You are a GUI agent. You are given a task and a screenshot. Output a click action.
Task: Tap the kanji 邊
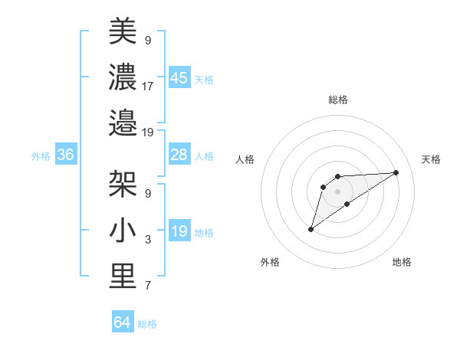click(x=122, y=123)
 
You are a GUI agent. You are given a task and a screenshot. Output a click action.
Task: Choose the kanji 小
click(x=122, y=229)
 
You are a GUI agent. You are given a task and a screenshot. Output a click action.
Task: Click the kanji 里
click(x=122, y=276)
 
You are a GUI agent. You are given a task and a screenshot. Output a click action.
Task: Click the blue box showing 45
click(x=179, y=78)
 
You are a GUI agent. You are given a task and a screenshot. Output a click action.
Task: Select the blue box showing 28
click(x=179, y=155)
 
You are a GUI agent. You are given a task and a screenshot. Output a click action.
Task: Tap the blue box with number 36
click(x=65, y=155)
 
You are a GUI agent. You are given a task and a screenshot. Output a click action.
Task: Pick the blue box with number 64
click(x=123, y=322)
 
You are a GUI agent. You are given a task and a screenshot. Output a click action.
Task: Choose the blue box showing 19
click(x=179, y=232)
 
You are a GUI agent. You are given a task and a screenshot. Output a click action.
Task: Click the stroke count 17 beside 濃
click(x=148, y=86)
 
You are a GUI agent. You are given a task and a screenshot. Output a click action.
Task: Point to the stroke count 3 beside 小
click(x=147, y=240)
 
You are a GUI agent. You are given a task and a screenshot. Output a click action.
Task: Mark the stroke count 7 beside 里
click(x=147, y=286)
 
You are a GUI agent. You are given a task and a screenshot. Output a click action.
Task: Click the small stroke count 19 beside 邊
click(x=148, y=133)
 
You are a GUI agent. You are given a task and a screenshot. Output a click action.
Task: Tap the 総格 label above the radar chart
click(x=337, y=100)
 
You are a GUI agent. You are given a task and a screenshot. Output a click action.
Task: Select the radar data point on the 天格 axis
click(x=396, y=172)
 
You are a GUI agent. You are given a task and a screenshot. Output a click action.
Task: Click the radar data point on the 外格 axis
click(x=310, y=229)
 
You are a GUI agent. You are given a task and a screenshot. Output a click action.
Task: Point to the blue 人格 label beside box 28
click(x=204, y=156)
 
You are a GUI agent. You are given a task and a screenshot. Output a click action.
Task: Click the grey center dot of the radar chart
click(x=337, y=191)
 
